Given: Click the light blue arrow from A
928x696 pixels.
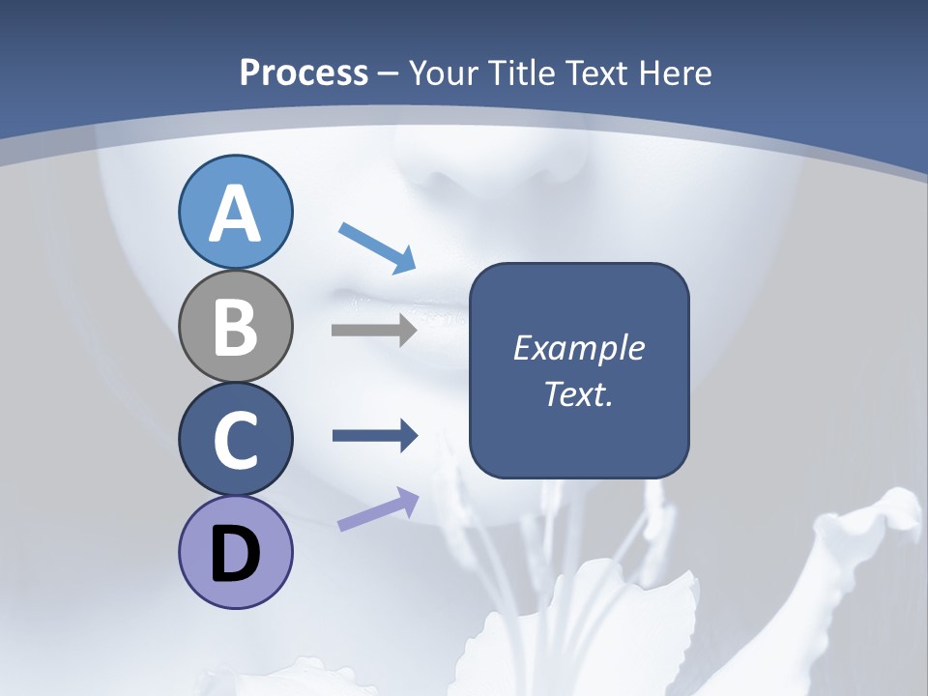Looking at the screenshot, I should [377, 246].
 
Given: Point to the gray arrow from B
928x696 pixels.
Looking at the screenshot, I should [374, 331].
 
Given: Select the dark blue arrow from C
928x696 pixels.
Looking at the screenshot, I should [375, 436].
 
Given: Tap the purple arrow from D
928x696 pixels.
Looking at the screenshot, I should [378, 508].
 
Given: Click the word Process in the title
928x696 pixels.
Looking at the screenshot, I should [304, 73].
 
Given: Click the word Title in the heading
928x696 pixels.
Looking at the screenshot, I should [521, 73].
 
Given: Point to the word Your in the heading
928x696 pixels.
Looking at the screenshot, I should [446, 73].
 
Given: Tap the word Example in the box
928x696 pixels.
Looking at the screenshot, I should [578, 348].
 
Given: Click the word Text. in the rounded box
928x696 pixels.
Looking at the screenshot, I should [578, 393].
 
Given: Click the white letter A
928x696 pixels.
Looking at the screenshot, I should [235, 214].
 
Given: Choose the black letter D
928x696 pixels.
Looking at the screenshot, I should [235, 554].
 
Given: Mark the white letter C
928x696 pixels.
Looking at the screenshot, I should [235, 441].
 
